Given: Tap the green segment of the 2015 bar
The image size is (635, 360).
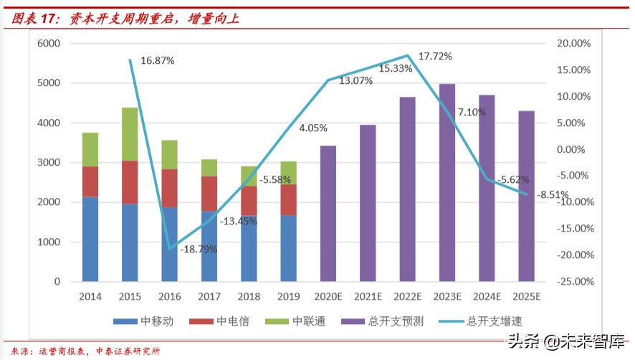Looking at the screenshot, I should (x=130, y=134).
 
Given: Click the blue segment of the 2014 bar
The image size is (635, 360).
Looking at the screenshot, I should (x=90, y=239).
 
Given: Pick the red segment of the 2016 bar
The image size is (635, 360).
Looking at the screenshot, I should (x=170, y=188).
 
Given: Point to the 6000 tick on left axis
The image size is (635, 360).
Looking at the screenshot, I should (x=47, y=44).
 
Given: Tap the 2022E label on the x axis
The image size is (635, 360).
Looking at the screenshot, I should (x=408, y=296).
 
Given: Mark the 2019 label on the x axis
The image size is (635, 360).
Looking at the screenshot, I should (x=289, y=296).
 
